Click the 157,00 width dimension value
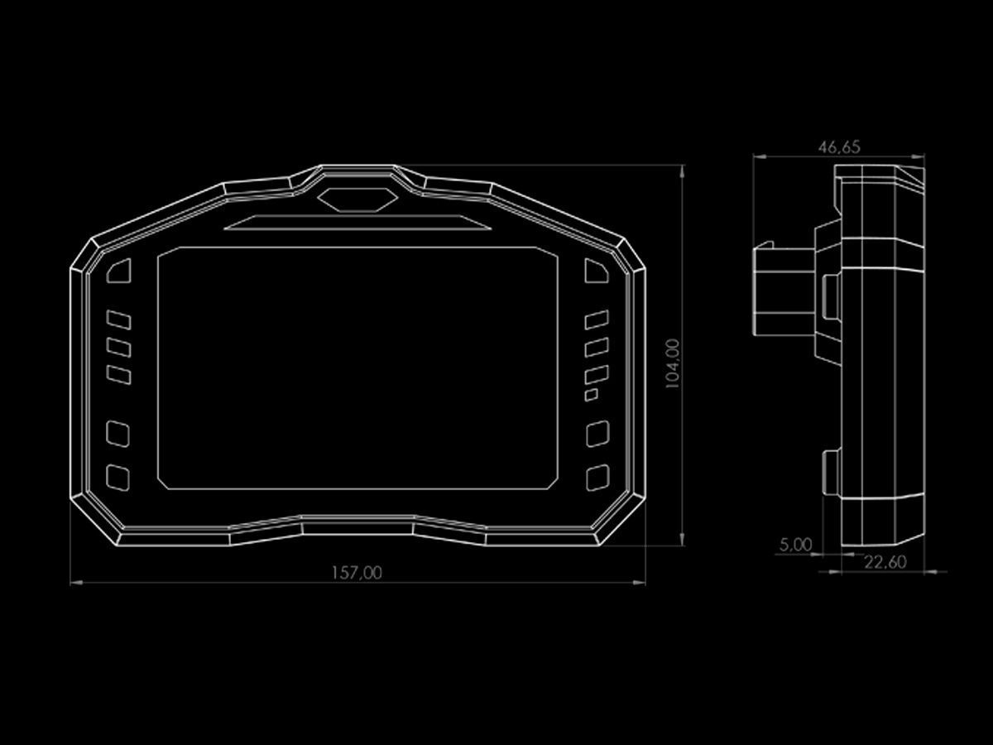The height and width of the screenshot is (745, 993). tap(357, 573)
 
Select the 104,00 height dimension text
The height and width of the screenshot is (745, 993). tap(673, 363)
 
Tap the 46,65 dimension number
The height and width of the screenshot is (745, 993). tap(839, 147)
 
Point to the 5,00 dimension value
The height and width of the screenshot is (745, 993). tap(796, 545)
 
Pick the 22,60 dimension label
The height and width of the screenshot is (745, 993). tap(885, 562)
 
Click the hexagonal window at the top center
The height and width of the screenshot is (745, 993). tap(357, 199)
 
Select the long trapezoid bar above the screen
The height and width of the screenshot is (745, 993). tap(357, 223)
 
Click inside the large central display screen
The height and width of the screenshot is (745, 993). tap(357, 368)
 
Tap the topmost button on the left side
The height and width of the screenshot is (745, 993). tap(119, 271)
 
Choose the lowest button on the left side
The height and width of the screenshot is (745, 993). tap(118, 478)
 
